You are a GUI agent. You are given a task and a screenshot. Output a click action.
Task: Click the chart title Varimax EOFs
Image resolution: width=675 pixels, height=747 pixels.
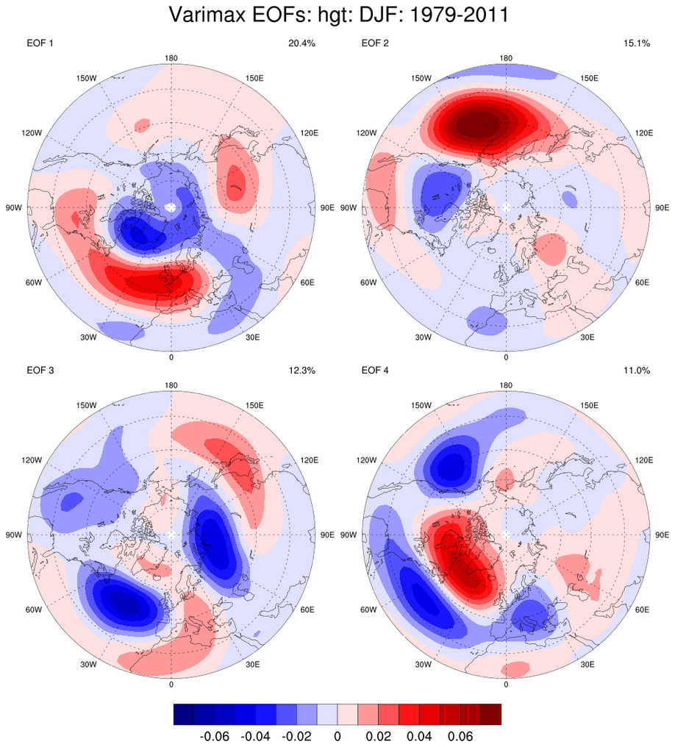338,15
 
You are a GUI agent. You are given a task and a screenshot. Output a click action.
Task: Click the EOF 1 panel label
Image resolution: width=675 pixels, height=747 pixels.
40,43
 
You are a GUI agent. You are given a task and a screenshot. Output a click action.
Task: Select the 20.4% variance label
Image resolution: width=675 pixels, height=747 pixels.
301,43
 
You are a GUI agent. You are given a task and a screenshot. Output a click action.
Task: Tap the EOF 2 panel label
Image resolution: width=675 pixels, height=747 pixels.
375,43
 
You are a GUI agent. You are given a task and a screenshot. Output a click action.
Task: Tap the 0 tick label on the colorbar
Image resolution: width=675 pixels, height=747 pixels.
337,735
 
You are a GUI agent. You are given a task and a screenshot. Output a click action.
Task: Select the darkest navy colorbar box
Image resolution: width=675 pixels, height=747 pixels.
184,714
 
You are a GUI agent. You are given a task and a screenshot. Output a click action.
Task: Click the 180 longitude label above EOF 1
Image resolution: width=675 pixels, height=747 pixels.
171,58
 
